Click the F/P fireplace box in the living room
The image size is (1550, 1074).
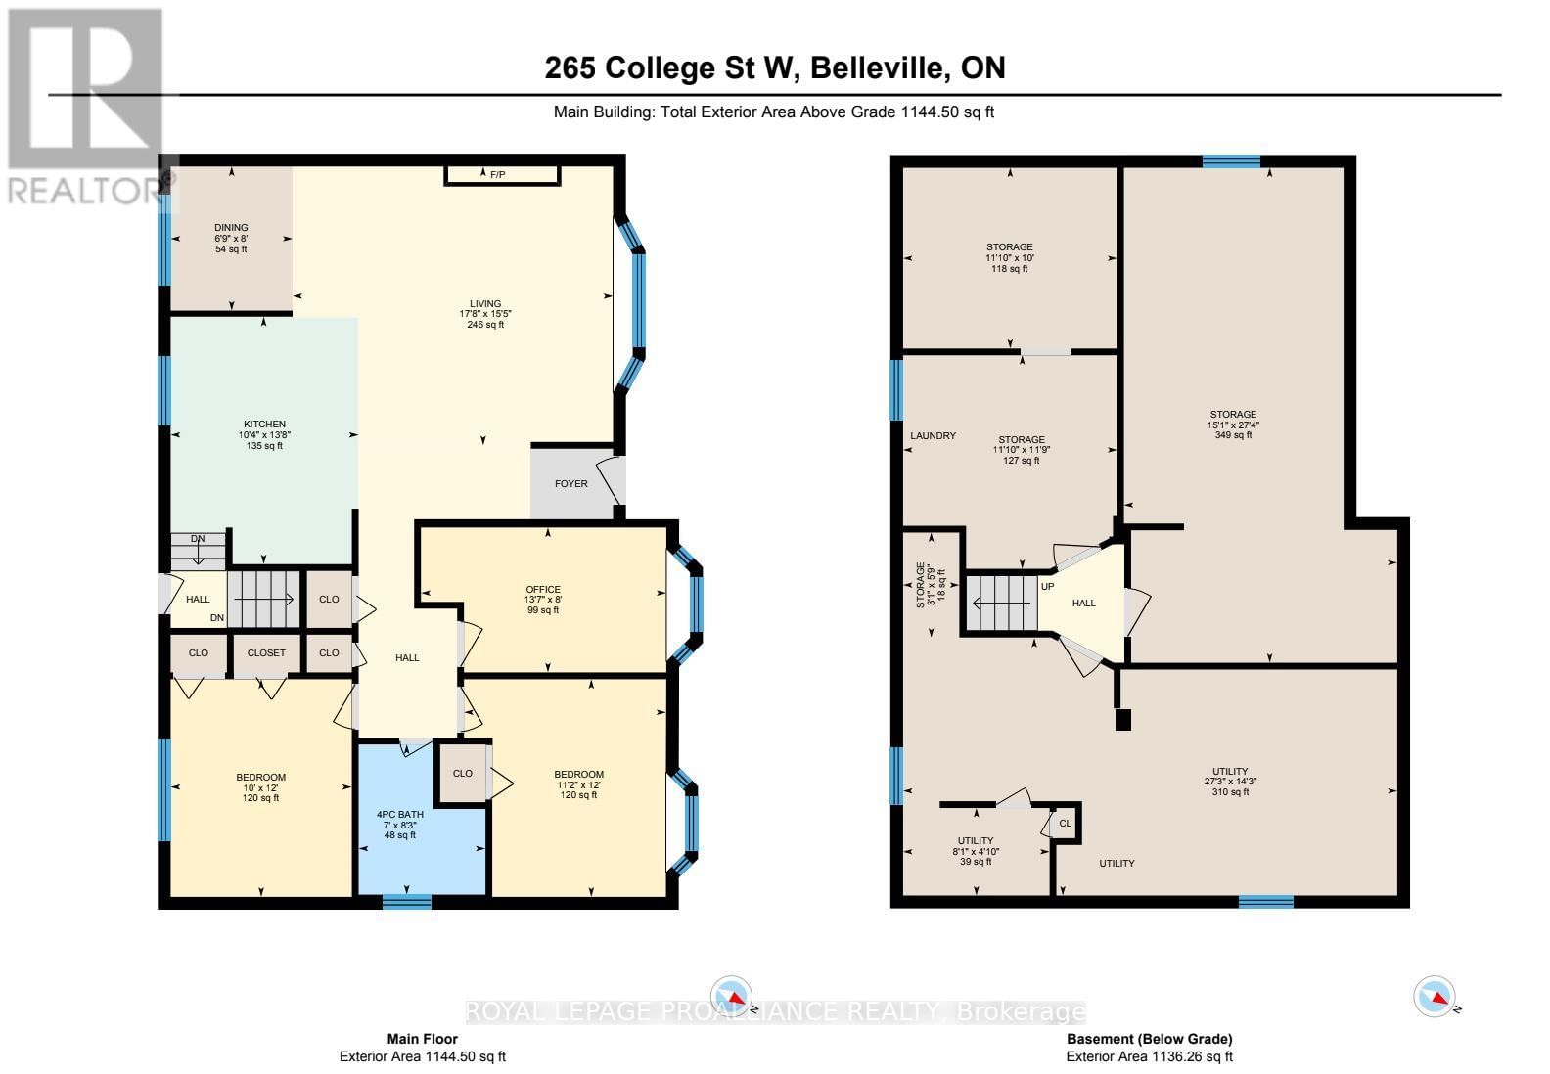[502, 175]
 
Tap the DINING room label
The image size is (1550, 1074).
[231, 228]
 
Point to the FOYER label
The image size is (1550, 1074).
[571, 483]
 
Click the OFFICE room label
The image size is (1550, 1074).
[542, 590]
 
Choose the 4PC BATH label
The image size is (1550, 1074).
[399, 814]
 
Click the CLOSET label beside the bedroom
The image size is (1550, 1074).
[266, 653]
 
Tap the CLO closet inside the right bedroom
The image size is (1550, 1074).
[463, 773]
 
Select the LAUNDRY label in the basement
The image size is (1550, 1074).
[933, 436]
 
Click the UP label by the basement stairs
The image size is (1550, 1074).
[1048, 587]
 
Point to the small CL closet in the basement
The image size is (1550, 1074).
[1065, 824]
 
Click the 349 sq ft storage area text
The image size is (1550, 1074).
[1233, 435]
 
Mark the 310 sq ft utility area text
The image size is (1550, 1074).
[1226, 792]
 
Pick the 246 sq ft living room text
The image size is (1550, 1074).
[485, 325]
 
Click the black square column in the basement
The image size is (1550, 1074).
[1123, 720]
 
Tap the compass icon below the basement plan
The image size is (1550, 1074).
[1435, 997]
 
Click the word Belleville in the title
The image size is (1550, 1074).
[878, 67]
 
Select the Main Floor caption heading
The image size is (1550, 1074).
[422, 1039]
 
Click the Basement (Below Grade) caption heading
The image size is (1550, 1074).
[1149, 1039]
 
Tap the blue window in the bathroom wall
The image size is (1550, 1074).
[406, 902]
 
